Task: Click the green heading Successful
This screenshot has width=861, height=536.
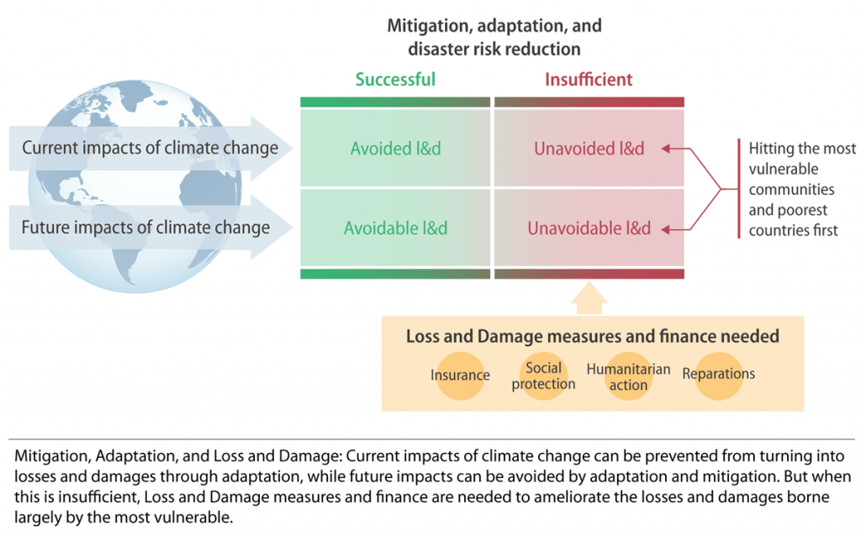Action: tap(395, 80)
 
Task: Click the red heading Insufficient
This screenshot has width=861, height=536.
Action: tap(589, 80)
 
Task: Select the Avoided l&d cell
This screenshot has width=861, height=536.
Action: tap(395, 148)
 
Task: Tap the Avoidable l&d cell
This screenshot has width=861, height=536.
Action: tap(395, 228)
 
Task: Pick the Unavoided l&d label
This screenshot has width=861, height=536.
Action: tap(589, 148)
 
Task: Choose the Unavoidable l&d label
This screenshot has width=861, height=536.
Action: tap(589, 228)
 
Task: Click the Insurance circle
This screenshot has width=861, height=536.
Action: tap(460, 376)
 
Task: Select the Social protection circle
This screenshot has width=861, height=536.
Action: tap(544, 376)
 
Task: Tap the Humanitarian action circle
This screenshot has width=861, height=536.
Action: tap(629, 376)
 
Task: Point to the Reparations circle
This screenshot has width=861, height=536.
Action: tap(719, 376)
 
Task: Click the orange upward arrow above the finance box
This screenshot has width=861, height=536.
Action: tap(589, 298)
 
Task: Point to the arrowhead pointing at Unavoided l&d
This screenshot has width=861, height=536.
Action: tap(666, 148)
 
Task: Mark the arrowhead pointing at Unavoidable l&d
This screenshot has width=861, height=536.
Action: tap(666, 230)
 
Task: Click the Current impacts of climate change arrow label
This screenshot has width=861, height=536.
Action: tap(150, 148)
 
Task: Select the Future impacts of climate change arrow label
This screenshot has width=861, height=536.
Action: tap(145, 227)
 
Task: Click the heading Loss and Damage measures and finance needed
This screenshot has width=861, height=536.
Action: tap(593, 336)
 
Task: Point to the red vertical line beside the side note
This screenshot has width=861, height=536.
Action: tap(739, 189)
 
